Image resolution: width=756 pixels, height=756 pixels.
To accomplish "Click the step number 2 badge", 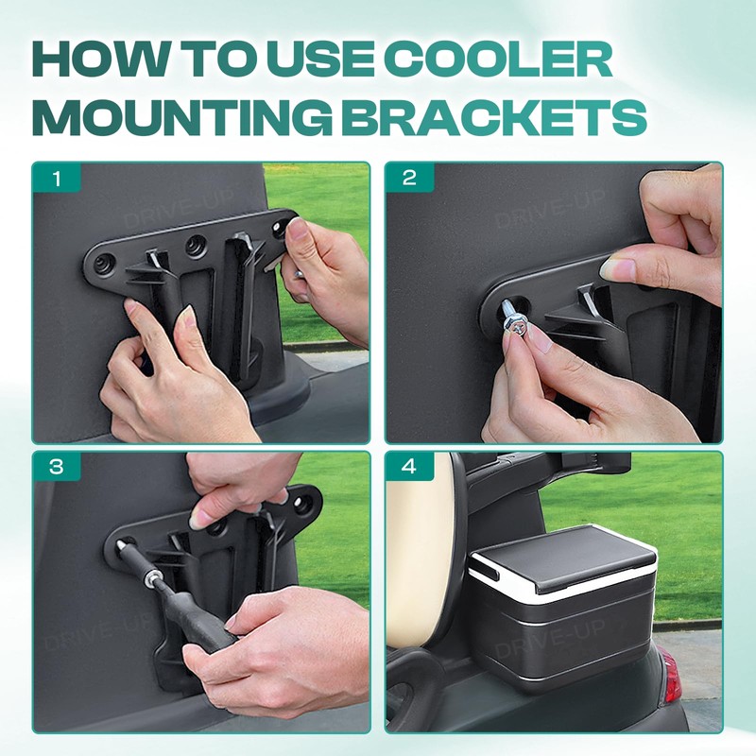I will (x=408, y=178).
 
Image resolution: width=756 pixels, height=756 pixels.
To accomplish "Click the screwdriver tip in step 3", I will (x=127, y=548).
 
